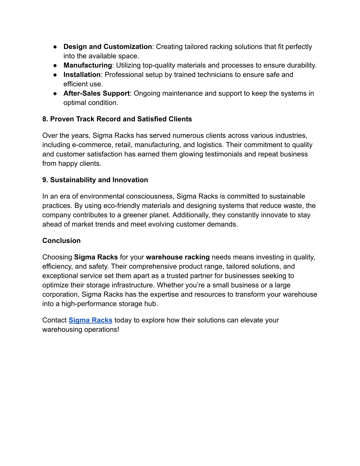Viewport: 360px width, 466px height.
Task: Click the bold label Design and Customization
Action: (108, 47)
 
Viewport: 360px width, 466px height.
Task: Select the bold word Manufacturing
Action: (88, 65)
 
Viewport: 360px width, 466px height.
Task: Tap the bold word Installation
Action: (82, 75)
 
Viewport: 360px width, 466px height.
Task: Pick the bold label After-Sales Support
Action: (97, 93)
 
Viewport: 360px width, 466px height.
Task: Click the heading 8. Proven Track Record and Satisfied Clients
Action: (117, 119)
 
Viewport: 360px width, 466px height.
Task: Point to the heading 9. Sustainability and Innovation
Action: (95, 180)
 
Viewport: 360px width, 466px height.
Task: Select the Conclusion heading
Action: (62, 241)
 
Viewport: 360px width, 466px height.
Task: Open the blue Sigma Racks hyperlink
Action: (90, 320)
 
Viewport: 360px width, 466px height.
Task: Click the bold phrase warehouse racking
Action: (178, 257)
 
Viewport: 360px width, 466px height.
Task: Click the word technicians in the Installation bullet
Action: (216, 75)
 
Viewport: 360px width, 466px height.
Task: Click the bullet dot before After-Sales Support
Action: (56, 94)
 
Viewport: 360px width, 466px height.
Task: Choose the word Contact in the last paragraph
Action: (54, 320)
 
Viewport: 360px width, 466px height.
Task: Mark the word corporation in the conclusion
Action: (60, 294)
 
